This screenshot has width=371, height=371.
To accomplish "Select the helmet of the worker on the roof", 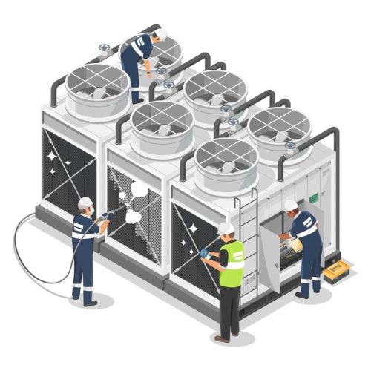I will click(154, 36).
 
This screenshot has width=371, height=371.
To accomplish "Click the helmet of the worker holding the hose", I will click(85, 203).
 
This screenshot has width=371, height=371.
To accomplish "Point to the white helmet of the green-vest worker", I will click(226, 229).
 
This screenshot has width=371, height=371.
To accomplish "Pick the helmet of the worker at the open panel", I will click(290, 206).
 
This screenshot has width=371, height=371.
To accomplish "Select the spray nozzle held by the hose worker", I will click(109, 215).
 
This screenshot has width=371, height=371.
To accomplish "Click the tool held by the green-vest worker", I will click(203, 253).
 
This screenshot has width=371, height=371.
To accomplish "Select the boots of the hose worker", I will click(88, 299).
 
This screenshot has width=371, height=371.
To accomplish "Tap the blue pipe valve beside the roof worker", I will click(168, 84).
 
